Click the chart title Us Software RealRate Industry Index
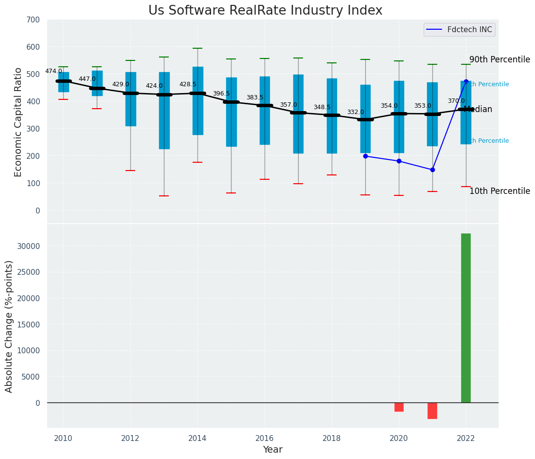coord(265,11)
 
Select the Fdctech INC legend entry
coord(459,30)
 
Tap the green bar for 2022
coord(466,318)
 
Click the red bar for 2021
coord(432,411)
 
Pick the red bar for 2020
coord(399,407)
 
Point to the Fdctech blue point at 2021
coord(432,170)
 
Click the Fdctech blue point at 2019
coord(365,156)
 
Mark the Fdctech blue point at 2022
coord(466,82)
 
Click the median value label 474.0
coord(53,71)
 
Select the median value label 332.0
coord(356,112)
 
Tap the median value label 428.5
coord(188,84)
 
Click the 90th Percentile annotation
coord(499,59)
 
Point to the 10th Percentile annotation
coord(499,191)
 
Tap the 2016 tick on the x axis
coord(265,438)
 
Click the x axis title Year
coord(272,450)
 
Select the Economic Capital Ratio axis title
coord(18,122)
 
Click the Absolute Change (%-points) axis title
coord(9,326)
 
